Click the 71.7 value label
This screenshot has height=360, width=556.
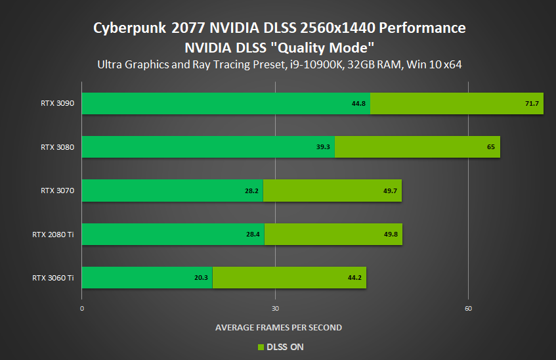(x=532, y=104)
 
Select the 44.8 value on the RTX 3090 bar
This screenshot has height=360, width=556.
(x=358, y=104)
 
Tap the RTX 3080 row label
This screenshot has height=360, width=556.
(x=57, y=147)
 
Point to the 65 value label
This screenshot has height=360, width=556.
(x=491, y=147)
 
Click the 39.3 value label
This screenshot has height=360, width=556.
(x=323, y=147)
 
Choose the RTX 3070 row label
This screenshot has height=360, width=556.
(x=57, y=191)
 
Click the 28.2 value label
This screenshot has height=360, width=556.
(x=251, y=191)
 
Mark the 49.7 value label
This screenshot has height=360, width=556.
(x=390, y=191)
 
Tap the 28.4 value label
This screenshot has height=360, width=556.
(x=253, y=235)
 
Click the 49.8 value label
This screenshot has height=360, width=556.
(x=391, y=235)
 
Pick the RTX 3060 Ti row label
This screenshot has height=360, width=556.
(x=53, y=278)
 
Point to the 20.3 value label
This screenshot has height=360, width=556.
(x=201, y=278)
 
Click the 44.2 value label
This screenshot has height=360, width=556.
(x=354, y=278)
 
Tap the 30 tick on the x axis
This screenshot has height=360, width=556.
(x=275, y=309)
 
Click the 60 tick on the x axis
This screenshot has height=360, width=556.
(x=468, y=309)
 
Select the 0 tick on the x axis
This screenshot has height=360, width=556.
(x=82, y=309)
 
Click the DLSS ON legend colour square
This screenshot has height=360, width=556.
(x=261, y=347)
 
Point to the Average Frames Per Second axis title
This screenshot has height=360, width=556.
(x=278, y=327)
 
